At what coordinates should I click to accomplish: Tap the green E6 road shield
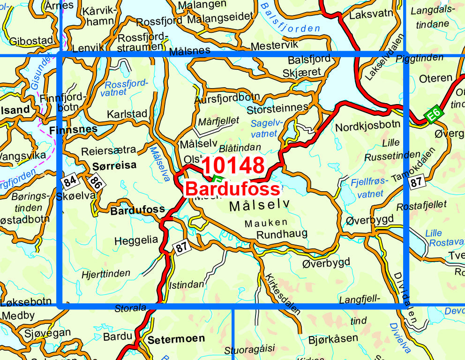tap(434, 115)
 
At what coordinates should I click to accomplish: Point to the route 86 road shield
tap(96, 182)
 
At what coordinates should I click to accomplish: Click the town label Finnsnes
tap(73, 128)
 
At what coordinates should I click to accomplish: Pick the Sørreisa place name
tap(114, 165)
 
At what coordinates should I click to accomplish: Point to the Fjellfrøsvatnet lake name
tap(370, 187)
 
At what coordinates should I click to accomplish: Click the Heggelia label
tap(136, 240)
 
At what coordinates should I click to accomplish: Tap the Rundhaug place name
tap(282, 233)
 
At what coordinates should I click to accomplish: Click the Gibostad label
tap(31, 41)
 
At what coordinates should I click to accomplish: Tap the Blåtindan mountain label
tap(240, 148)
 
